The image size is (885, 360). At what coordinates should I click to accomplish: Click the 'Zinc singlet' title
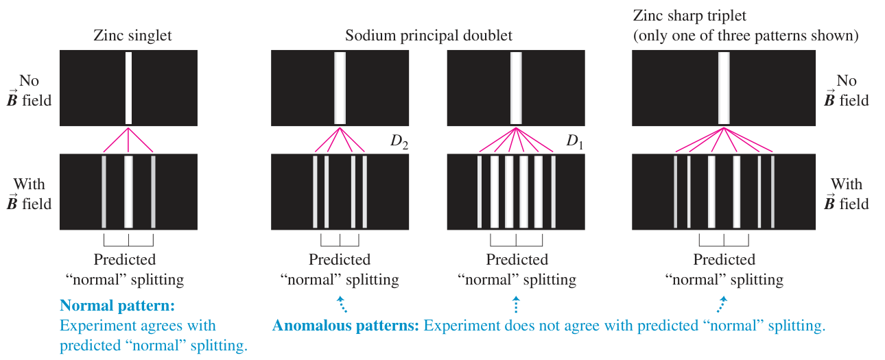[132, 36]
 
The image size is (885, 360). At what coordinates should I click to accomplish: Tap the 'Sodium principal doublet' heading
[428, 36]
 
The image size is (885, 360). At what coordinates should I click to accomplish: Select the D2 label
[399, 141]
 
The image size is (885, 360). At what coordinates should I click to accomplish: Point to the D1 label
[575, 141]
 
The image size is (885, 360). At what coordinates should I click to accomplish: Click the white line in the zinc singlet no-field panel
[128, 88]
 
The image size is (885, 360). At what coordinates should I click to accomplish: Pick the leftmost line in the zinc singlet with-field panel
[104, 192]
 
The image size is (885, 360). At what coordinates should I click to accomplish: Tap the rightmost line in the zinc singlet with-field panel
[153, 192]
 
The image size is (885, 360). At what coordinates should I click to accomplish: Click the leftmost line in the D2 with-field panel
[315, 192]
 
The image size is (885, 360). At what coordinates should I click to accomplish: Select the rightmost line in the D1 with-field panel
[553, 192]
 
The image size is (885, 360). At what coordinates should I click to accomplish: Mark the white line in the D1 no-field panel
[516, 88]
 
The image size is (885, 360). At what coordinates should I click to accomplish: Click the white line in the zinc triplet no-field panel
[724, 88]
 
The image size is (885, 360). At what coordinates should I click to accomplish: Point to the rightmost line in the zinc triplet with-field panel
[772, 192]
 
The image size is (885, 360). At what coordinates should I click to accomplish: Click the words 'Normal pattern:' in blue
[117, 306]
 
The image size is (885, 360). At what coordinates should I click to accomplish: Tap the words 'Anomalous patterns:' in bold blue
[345, 326]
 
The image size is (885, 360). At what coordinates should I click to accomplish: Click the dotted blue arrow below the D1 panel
[516, 304]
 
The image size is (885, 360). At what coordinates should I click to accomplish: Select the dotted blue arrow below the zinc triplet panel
[722, 304]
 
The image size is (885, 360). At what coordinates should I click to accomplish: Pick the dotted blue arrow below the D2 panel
[342, 304]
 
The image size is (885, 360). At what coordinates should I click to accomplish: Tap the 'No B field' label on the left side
[29, 91]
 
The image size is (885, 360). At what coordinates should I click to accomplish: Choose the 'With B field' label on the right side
[847, 194]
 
